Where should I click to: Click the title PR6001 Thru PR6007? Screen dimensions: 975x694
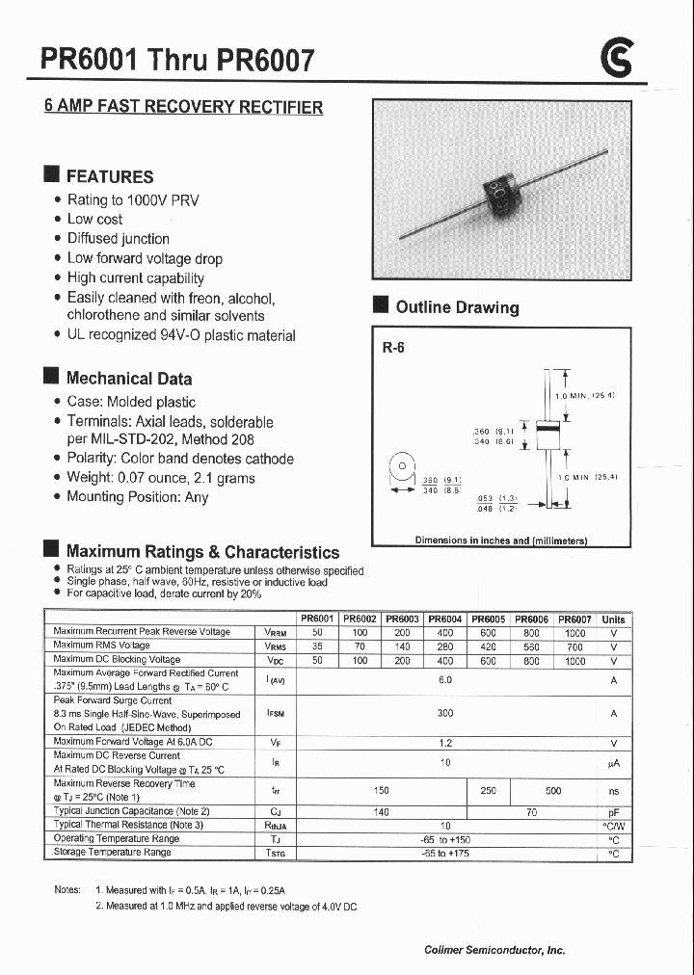pos(177,61)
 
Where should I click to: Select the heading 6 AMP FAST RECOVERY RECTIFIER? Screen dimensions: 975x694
pos(183,107)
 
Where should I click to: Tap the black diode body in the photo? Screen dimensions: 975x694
pos(502,195)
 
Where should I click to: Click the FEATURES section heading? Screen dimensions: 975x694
pos(109,176)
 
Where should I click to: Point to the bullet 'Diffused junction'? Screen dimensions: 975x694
pos(118,238)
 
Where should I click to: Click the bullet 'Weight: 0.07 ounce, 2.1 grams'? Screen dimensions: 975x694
pos(160,478)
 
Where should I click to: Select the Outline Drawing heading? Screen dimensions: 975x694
pos(457,307)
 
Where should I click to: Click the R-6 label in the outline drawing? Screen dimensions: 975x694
pos(393,349)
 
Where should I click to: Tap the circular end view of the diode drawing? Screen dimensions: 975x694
pos(399,467)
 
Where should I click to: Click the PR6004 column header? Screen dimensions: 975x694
pos(444,619)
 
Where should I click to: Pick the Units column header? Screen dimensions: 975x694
pos(613,619)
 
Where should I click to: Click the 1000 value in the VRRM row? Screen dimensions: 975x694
pos(574,633)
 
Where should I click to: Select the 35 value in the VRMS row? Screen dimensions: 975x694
pos(318,646)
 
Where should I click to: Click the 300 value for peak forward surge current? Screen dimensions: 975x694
pos(444,714)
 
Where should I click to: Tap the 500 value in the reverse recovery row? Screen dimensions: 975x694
pos(552,790)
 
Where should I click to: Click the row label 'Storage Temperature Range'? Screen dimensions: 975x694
pos(112,852)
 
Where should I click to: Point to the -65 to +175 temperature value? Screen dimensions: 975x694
pos(444,853)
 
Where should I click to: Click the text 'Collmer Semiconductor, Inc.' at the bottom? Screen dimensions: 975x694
pos(494,950)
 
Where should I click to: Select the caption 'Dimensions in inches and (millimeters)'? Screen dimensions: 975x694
pos(500,540)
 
